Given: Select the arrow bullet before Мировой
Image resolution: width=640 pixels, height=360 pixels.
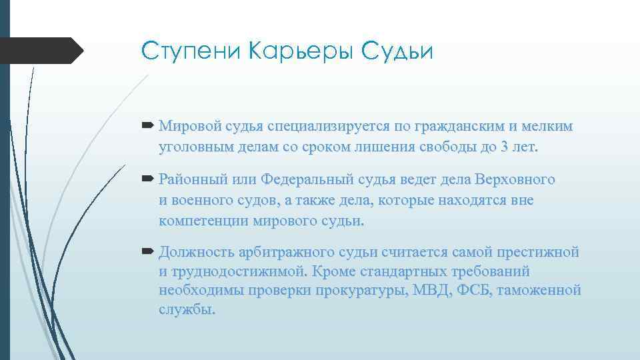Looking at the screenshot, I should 148,125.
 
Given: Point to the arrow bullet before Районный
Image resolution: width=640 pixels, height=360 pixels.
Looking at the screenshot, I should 148,179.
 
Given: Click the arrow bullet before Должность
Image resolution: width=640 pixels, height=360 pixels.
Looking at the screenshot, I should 148,252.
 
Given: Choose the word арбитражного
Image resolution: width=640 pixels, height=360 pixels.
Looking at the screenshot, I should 293,253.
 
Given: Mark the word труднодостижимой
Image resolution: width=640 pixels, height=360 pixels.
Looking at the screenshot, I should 241,272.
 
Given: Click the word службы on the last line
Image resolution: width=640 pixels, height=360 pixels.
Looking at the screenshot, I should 187,310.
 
